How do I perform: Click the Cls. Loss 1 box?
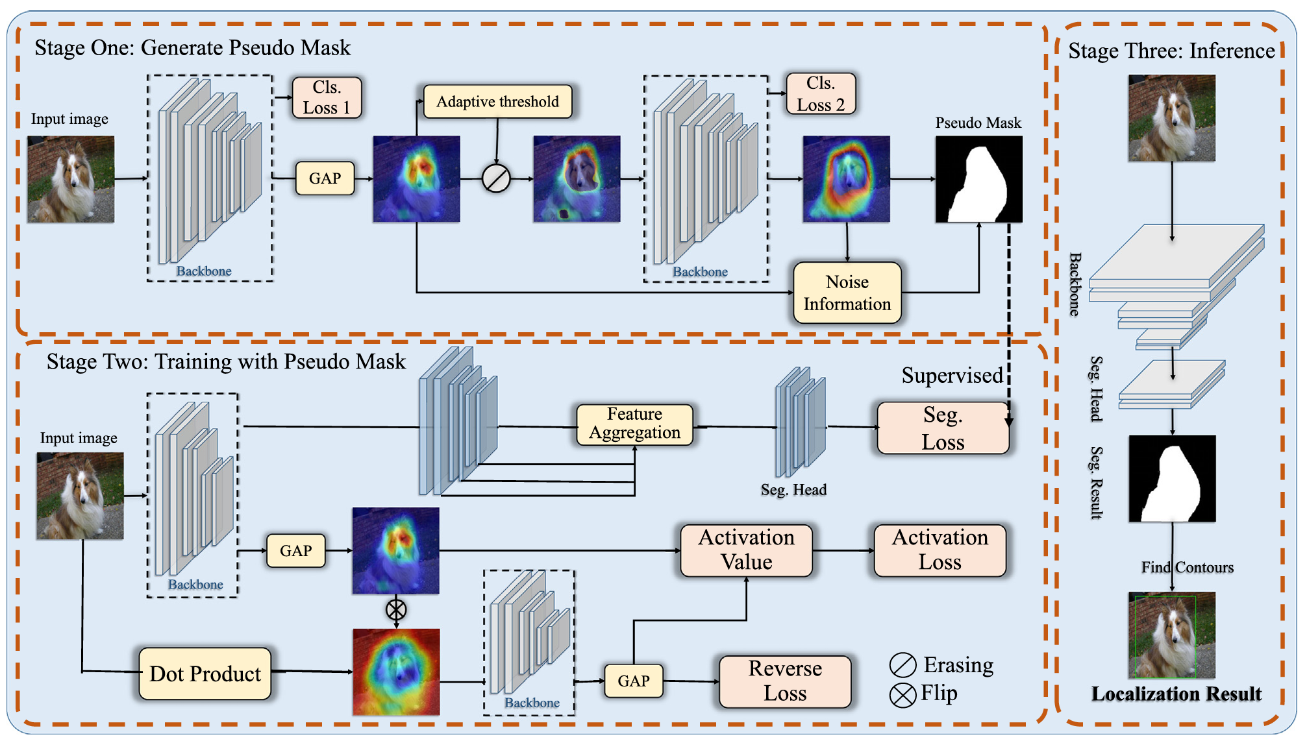[327, 98]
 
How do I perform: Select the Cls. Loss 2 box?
[821, 94]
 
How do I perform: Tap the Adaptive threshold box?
[497, 102]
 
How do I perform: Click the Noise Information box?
[847, 293]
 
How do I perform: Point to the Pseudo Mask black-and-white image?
[978, 179]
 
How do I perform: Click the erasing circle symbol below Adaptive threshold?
[496, 178]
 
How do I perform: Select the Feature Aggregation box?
[634, 424]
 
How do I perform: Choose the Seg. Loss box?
[943, 428]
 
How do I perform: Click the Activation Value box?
[746, 550]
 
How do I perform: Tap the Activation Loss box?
[940, 550]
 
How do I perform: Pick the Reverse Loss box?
[785, 681]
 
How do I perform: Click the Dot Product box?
[205, 674]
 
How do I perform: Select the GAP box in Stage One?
[325, 178]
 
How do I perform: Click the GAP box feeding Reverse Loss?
[633, 681]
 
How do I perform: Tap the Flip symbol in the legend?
[902, 696]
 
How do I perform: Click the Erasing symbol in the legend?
[902, 666]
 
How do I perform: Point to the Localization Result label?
[1176, 694]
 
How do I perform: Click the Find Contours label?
[1187, 568]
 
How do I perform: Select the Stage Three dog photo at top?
[1171, 118]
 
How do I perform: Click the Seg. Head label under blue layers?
[793, 490]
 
